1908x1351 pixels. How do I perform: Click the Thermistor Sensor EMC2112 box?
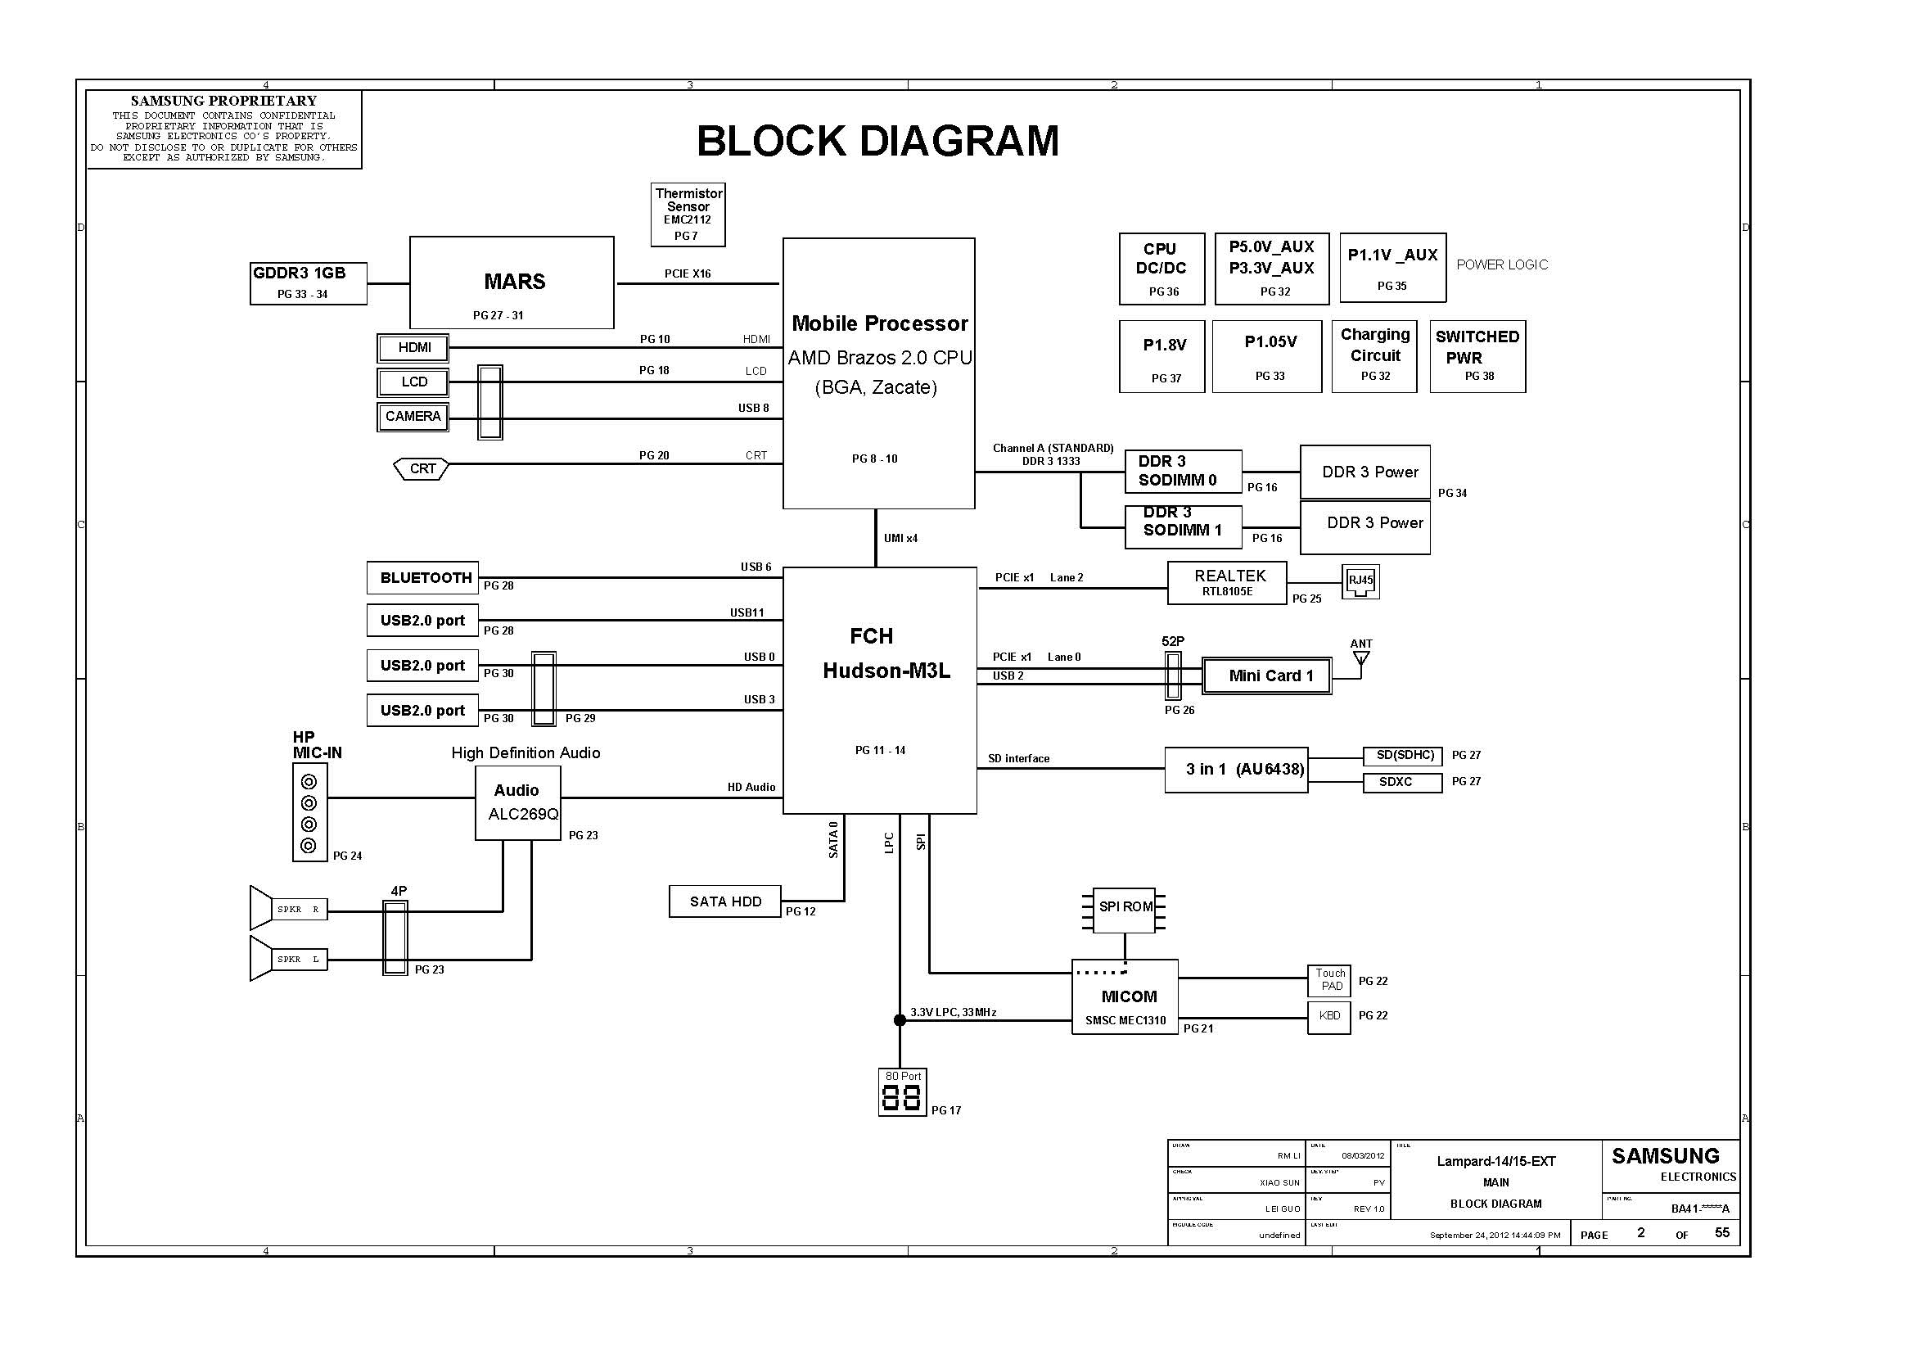[x=687, y=215]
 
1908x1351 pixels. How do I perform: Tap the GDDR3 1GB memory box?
[x=308, y=282]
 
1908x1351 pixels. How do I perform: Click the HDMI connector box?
[x=413, y=348]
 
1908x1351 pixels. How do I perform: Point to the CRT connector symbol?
[x=421, y=468]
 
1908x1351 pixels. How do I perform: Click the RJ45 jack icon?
[x=1360, y=581]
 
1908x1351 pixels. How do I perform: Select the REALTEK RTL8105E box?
[x=1226, y=582]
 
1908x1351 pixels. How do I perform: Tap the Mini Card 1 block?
[x=1267, y=675]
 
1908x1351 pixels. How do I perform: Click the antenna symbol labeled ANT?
[x=1360, y=658]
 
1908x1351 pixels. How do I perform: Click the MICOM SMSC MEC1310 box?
[x=1125, y=996]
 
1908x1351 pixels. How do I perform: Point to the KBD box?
[x=1328, y=1016]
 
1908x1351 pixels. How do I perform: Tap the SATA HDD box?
[x=724, y=901]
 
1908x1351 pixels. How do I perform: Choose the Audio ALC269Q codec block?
[x=517, y=802]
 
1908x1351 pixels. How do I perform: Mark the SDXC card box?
[x=1401, y=782]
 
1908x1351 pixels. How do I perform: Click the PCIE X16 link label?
[x=687, y=273]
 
